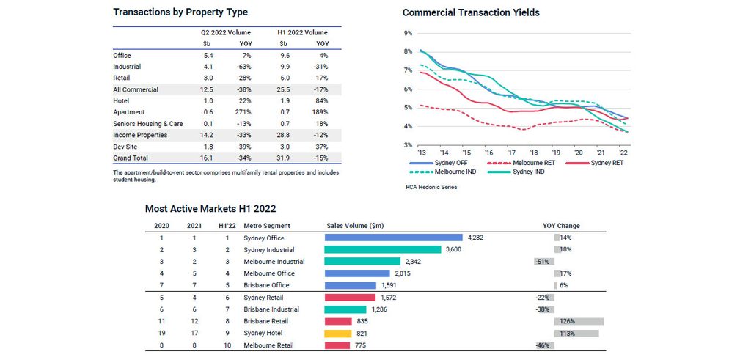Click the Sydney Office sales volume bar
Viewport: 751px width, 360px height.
pos(393,238)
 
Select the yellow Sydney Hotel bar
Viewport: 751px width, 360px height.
pos(338,333)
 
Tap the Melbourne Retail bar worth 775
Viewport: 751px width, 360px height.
pos(337,345)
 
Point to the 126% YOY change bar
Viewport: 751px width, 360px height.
pos(579,321)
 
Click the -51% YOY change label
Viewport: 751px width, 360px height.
pos(543,262)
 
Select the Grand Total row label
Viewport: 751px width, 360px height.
pos(131,158)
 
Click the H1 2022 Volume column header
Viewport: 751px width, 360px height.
pos(302,33)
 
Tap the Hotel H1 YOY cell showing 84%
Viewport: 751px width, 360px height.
pos(321,100)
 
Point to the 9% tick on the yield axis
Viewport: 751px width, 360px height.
pos(408,33)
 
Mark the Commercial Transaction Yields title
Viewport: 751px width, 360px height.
pos(471,12)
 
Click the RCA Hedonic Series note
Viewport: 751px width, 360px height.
pos(431,188)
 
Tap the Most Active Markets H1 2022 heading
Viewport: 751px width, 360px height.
pos(210,209)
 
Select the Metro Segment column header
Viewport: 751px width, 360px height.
pos(267,226)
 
